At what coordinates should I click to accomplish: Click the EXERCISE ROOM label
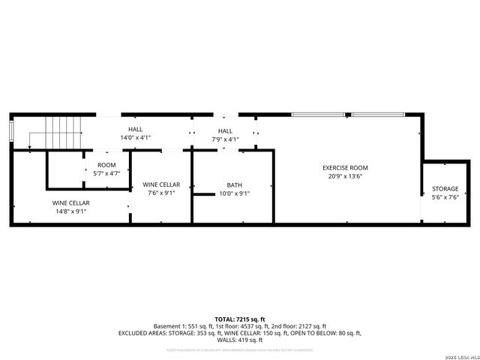[x=345, y=167]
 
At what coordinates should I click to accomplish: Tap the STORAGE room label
[x=445, y=188]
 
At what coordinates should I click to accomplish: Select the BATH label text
[x=235, y=184]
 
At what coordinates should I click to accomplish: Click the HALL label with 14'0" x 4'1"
[x=136, y=130]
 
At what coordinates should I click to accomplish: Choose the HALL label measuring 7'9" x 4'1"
[x=225, y=130]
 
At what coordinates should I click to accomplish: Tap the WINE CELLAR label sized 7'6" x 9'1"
[x=161, y=184]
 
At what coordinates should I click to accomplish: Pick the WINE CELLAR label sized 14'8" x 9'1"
[x=70, y=202]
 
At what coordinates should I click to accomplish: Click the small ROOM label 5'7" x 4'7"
[x=106, y=165]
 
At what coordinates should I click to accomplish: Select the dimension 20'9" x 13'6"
[x=345, y=176]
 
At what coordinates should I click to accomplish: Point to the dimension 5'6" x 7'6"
[x=445, y=197]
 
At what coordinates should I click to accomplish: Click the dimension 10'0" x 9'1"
[x=235, y=193]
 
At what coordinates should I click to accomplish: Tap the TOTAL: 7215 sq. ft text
[x=240, y=319]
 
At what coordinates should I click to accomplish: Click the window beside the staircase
[x=11, y=130]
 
